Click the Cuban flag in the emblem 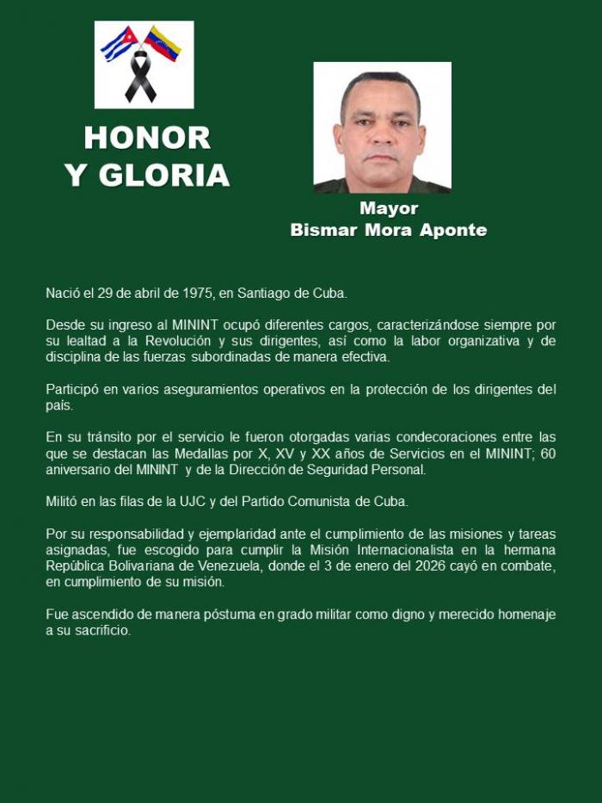pos(120,43)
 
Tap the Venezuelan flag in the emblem pos(163,42)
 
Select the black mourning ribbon pos(141,77)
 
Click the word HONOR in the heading pos(147,138)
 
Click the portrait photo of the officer pos(382,127)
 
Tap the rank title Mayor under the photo pos(389,208)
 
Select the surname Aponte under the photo pos(453,230)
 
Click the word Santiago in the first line pos(267,293)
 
